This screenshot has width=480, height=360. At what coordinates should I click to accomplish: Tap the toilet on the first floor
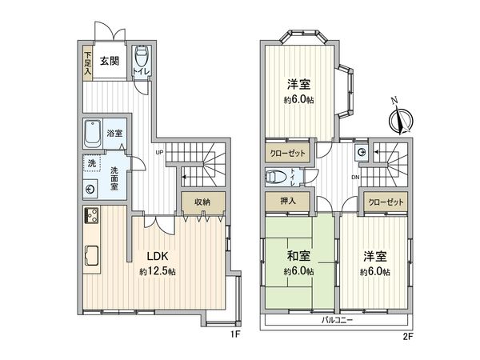142,60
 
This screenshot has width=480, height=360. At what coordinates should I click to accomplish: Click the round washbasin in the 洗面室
90,190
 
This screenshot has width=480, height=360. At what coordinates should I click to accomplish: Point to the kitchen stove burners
90,217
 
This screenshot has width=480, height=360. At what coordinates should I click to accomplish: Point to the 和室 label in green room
298,257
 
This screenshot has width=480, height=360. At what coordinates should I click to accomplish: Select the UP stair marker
161,154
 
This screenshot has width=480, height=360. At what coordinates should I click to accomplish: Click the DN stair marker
355,178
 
